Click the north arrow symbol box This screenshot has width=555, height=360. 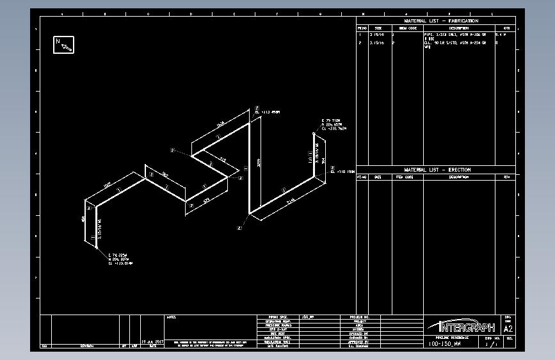[63, 44]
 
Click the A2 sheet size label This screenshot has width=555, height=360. [509, 328]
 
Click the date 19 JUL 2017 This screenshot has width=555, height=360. [152, 341]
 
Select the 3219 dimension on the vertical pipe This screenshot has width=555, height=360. [259, 163]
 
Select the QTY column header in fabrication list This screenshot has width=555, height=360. [506, 28]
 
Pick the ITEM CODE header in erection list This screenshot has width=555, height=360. [405, 177]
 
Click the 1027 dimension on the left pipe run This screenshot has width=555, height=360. [108, 186]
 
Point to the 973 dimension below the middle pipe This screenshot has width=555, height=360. [207, 200]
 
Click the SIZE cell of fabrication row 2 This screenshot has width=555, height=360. [375, 43]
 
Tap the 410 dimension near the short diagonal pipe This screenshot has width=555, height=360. [223, 159]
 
